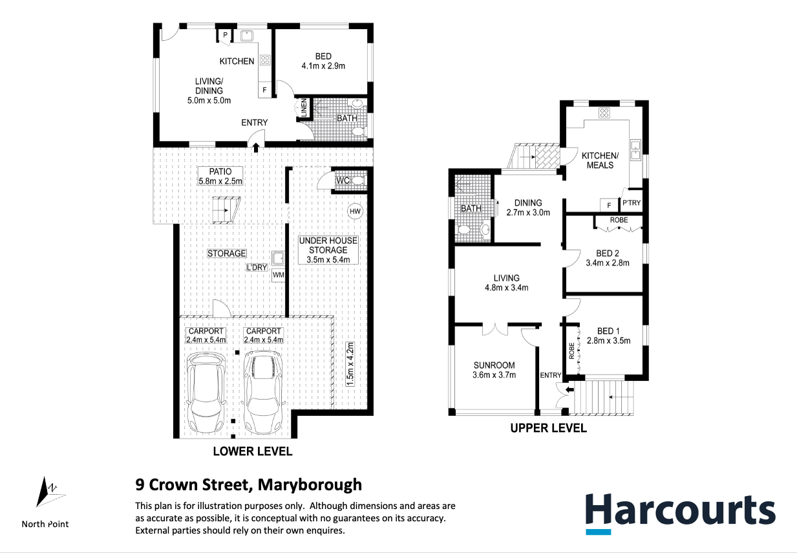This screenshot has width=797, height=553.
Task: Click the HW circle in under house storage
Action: [x=355, y=211]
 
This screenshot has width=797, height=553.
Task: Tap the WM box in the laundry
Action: [x=278, y=275]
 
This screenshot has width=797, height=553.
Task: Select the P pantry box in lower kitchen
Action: [x=225, y=36]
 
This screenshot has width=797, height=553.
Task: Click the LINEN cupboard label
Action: [x=304, y=108]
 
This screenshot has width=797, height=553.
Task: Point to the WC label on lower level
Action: [x=343, y=180]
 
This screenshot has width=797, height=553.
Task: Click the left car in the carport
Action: [x=206, y=393]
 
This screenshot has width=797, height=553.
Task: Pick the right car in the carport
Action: [x=264, y=393]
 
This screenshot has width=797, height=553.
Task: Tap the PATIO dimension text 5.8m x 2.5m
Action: [x=220, y=181]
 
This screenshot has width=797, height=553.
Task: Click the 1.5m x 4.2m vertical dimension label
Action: [x=350, y=364]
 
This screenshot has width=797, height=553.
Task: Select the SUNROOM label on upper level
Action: [x=494, y=365]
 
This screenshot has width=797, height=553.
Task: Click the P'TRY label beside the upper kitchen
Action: [x=631, y=202]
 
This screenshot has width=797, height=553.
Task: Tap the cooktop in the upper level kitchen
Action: [x=604, y=113]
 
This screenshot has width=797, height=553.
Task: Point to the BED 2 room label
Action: [x=608, y=253]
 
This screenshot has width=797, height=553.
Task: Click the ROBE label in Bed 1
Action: [x=571, y=351]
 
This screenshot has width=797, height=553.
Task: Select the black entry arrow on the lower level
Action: [x=256, y=147]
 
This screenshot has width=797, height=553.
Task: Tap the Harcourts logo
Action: [x=680, y=514]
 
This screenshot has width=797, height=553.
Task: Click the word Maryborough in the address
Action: [x=310, y=485]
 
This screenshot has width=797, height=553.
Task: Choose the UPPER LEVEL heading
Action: [x=548, y=428]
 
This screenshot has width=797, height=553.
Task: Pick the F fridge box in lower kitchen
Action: [x=264, y=90]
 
